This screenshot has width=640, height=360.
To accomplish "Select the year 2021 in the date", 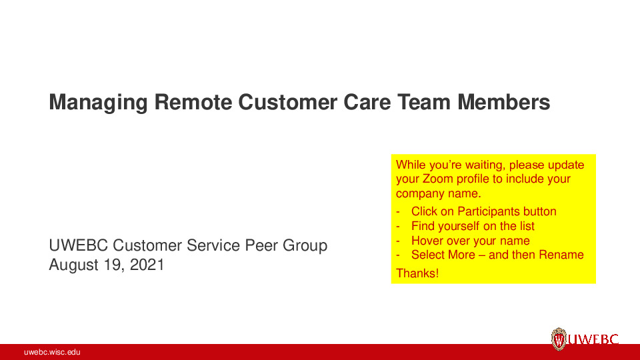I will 147,264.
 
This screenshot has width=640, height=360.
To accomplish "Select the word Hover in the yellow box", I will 427,241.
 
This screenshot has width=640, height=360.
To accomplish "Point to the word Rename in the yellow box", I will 557,255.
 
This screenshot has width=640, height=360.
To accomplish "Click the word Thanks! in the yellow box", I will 417,273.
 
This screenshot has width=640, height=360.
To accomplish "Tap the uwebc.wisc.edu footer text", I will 52,352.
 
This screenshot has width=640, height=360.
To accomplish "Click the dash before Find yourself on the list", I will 398,226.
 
